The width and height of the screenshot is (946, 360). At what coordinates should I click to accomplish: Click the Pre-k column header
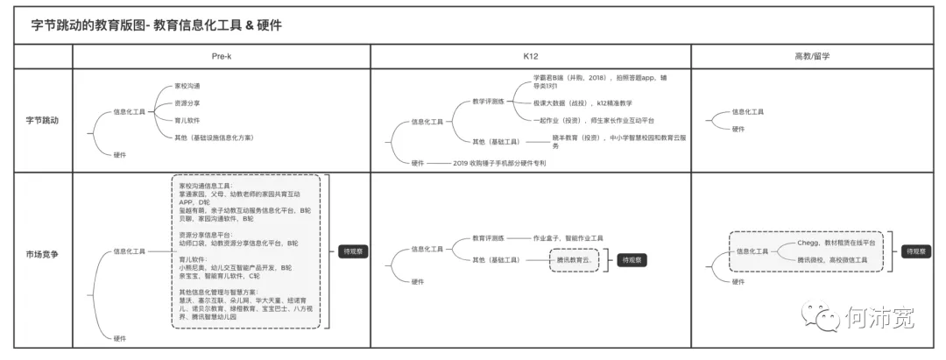222,55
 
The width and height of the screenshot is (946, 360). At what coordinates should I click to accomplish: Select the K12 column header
531,55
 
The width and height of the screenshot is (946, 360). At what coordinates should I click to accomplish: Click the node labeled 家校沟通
187,86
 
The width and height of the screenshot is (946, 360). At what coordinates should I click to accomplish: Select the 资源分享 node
187,103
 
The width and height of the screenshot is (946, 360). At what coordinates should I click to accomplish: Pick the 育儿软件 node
187,120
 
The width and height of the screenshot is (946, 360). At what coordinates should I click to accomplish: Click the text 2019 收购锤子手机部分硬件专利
499,163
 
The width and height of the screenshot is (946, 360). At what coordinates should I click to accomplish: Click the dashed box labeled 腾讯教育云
577,260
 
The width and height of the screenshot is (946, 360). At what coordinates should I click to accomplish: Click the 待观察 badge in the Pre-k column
354,251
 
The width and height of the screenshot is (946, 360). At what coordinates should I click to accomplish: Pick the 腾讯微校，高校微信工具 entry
832,260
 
